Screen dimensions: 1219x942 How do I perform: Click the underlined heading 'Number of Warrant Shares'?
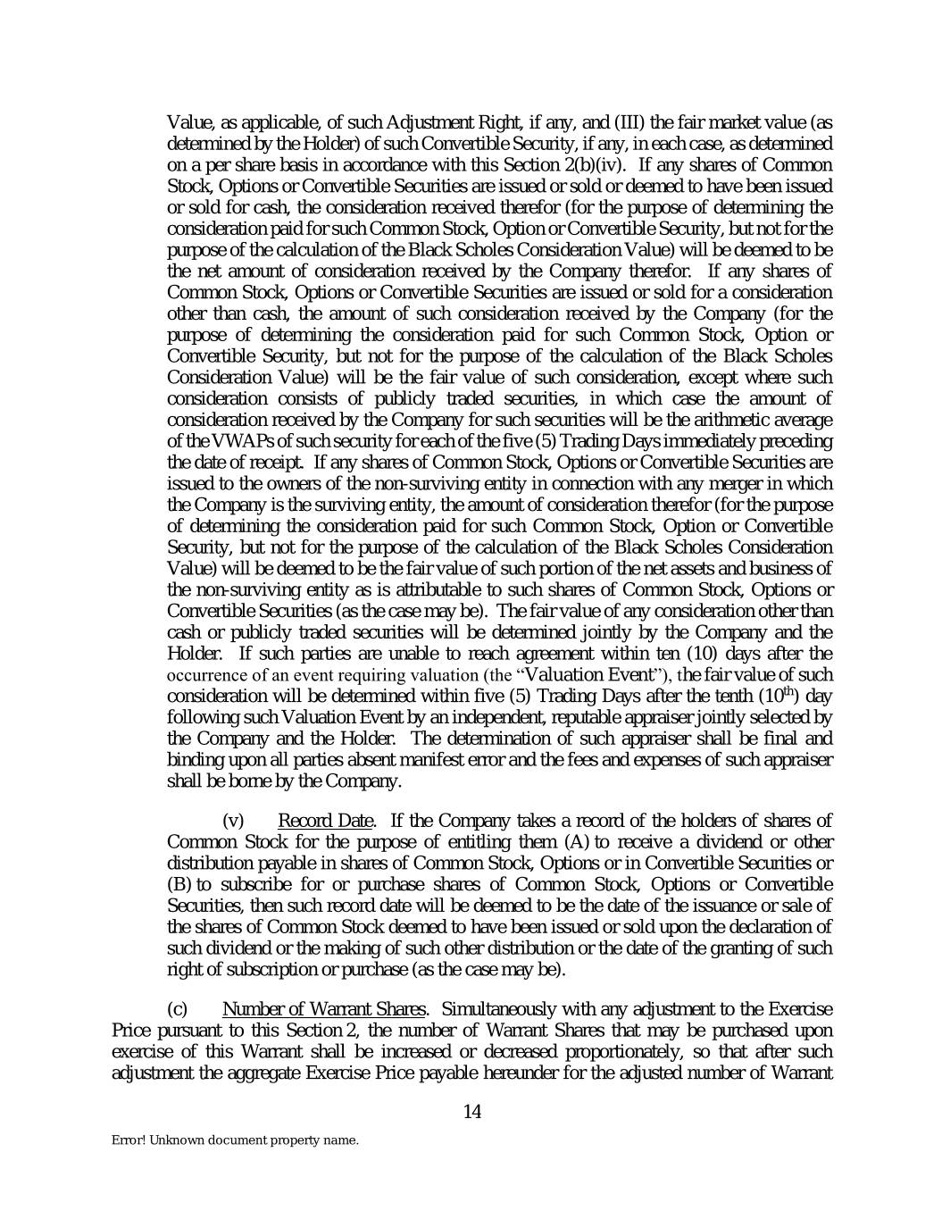click(x=323, y=1009)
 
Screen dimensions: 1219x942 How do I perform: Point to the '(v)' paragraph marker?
click(x=232, y=821)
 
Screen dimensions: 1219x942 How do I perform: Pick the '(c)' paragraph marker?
click(x=178, y=1009)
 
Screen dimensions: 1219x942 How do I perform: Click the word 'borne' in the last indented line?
click(x=231, y=781)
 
